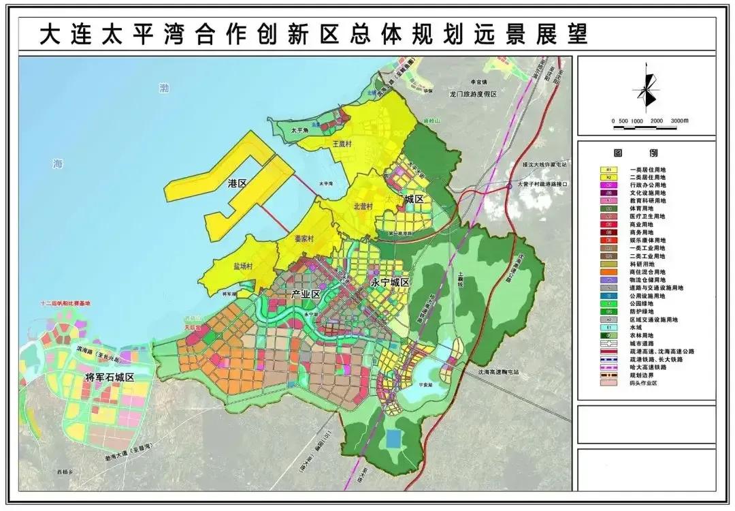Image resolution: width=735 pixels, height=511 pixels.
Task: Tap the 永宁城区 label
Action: (x=389, y=282)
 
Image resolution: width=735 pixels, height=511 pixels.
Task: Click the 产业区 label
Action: (x=305, y=294)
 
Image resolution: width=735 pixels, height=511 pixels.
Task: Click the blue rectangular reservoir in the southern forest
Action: (x=393, y=438)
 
